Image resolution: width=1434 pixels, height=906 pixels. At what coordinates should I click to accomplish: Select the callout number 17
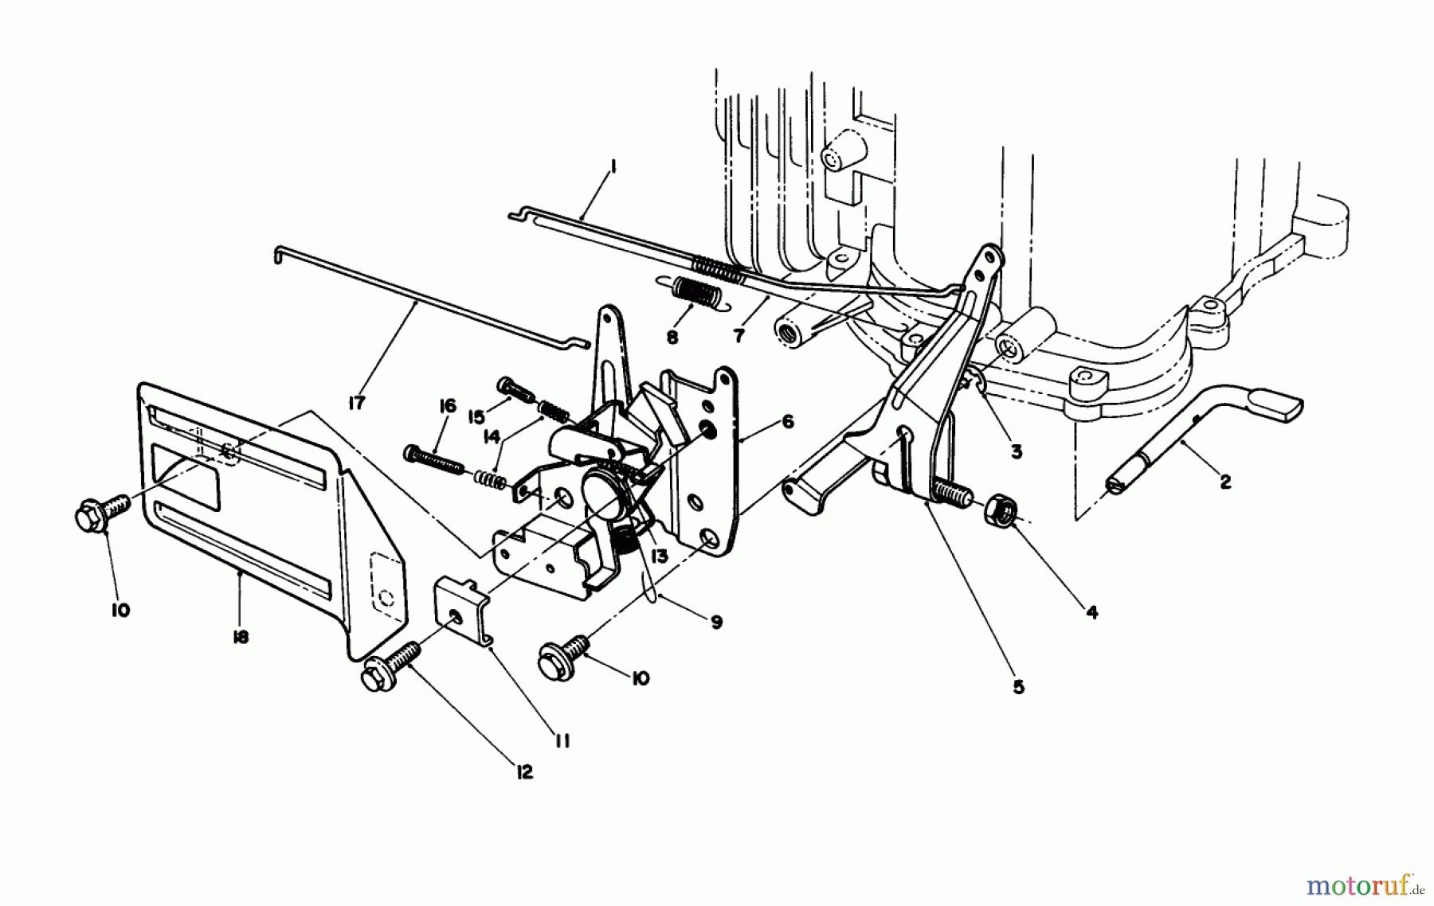(x=356, y=404)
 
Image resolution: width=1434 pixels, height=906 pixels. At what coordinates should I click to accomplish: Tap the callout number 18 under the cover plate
(x=241, y=637)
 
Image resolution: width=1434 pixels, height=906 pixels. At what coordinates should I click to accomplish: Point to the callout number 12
(x=523, y=771)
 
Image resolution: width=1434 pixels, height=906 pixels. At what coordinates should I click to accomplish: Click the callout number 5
(x=1018, y=686)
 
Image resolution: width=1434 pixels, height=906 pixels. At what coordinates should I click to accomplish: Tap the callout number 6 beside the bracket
(x=787, y=423)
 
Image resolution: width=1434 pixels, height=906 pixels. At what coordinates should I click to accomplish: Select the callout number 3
(x=1016, y=451)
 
